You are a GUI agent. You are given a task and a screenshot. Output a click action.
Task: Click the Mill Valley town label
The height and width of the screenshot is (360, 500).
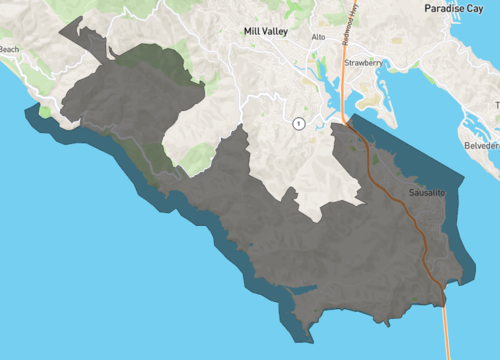click(x=265, y=31)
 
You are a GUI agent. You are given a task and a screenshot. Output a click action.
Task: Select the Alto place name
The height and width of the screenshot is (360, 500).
click(x=318, y=37)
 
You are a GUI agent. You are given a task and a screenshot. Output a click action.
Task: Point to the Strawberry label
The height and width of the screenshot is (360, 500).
click(x=364, y=62)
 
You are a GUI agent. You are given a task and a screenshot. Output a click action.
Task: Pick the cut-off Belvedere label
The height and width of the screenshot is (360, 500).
click(x=482, y=144)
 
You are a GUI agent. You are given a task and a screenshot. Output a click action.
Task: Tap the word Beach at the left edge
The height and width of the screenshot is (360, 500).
click(x=9, y=49)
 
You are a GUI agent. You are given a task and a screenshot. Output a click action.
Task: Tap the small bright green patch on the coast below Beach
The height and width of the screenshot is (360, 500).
click(x=44, y=113)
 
